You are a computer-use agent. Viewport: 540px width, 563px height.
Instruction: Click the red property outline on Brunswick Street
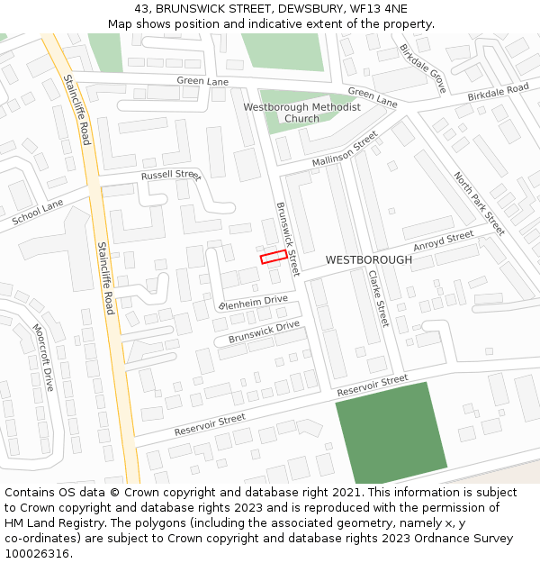point(274,257)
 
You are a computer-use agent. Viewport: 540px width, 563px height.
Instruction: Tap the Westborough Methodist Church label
point(301,113)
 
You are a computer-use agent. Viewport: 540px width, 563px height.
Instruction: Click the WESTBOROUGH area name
point(368,259)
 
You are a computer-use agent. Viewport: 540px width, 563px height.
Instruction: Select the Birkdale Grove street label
point(423,68)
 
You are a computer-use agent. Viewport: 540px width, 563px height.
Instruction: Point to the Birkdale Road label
point(498,93)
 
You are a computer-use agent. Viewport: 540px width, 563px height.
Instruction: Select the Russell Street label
point(170,175)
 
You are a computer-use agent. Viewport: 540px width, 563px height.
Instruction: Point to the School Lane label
point(38,213)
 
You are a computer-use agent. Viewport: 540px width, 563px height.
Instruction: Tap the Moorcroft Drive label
point(44,358)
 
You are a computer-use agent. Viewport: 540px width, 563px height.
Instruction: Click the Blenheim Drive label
point(253,303)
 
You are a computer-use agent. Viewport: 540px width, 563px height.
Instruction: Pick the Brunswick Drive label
point(264,331)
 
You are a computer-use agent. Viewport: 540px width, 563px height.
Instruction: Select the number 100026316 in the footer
point(38,554)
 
